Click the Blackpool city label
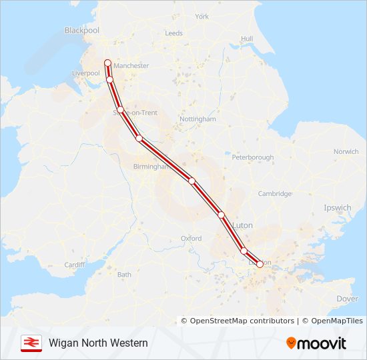[81, 31]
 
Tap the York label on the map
[202, 17]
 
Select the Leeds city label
[173, 33]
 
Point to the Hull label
[247, 39]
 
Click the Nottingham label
[198, 119]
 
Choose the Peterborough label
[253, 158]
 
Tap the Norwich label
[346, 152]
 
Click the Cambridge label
[275, 194]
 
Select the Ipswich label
[337, 208]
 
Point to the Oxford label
[191, 239]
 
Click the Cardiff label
[75, 265]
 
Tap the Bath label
[124, 275]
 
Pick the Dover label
[347, 299]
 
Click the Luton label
[243, 226]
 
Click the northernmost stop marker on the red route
[107, 63]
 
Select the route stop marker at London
[260, 264]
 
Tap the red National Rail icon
[31, 343]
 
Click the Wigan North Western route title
[98, 343]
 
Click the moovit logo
[316, 343]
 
